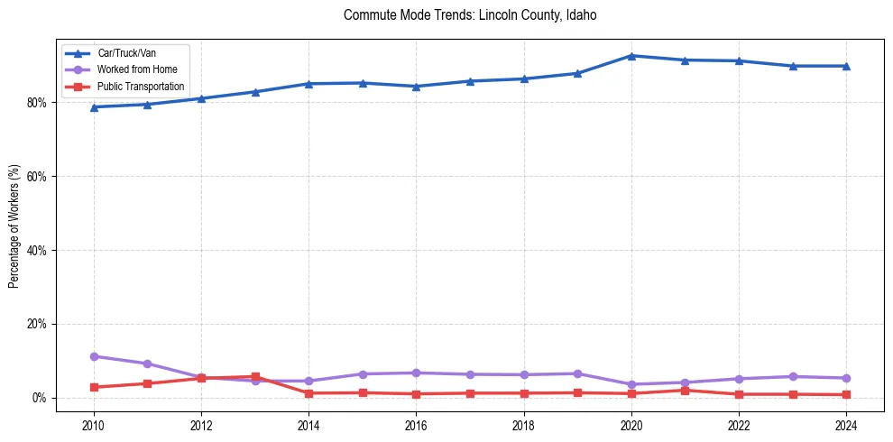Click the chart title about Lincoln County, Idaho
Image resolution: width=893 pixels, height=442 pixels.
pos(470,15)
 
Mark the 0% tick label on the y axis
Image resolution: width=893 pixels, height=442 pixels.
pos(39,398)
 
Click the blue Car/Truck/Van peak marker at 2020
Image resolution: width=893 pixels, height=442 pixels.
pos(631,56)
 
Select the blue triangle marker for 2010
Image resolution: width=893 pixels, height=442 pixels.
pos(94,107)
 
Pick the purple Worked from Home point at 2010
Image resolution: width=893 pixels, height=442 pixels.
pos(94,356)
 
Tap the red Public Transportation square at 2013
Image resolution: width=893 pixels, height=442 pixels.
pos(255,376)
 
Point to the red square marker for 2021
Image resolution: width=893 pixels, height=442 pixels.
pos(686,390)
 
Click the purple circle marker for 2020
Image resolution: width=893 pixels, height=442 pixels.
pos(631,384)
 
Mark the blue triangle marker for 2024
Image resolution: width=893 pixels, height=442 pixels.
pos(846,66)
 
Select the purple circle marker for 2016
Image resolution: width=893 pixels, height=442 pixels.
pos(416,373)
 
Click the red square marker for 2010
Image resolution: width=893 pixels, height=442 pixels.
pos(94,387)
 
